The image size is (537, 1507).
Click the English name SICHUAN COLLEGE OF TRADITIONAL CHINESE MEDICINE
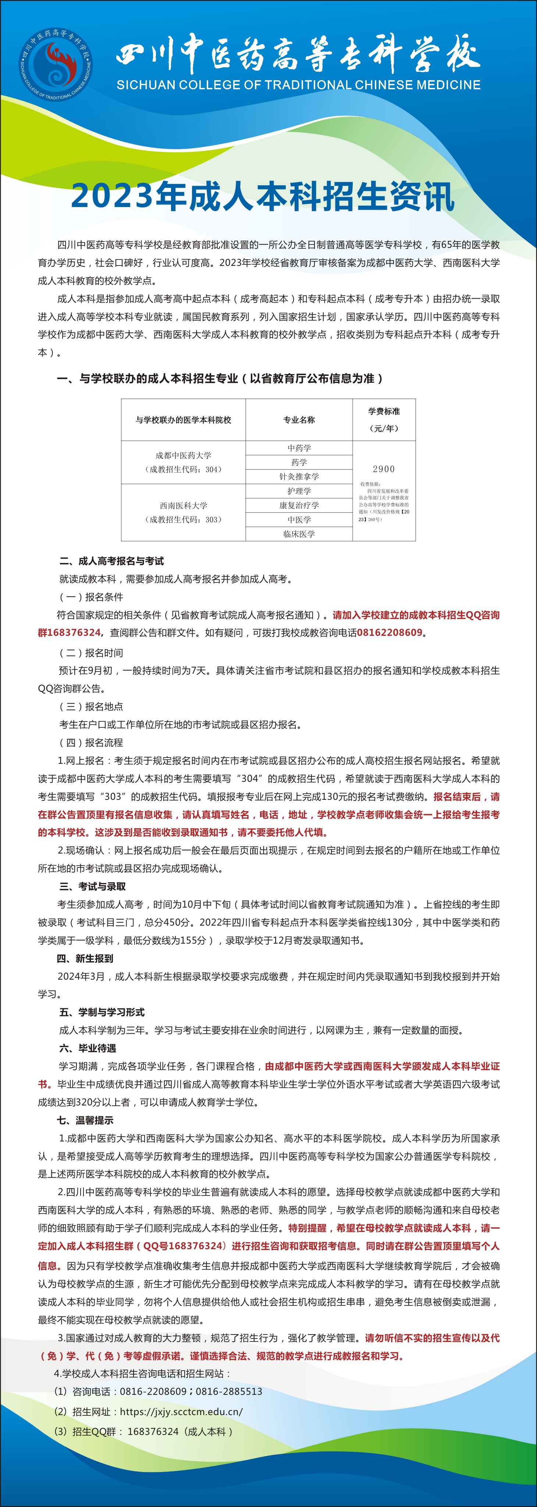(x=298, y=85)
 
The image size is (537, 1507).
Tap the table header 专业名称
(x=299, y=420)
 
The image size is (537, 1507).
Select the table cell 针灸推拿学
(x=299, y=476)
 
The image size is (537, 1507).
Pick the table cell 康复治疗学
(x=299, y=505)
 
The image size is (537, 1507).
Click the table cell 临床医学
(x=299, y=534)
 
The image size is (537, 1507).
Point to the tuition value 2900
(x=384, y=469)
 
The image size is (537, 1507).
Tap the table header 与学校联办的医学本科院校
(x=183, y=420)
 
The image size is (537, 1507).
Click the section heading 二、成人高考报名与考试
(x=111, y=561)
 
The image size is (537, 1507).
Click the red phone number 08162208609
(x=389, y=633)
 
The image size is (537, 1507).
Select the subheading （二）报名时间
(x=91, y=652)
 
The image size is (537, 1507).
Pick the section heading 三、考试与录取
(x=92, y=886)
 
